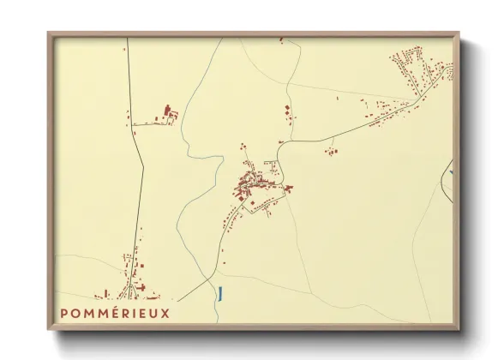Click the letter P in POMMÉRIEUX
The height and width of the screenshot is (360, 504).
tap(64, 314)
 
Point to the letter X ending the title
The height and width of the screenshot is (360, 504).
tap(165, 314)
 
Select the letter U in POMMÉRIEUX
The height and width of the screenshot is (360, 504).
tap(154, 314)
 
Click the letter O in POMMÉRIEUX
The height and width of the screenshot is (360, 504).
tap(75, 314)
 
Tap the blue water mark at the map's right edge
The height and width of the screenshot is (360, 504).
tap(449, 172)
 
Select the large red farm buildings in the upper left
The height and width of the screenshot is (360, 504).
tap(169, 112)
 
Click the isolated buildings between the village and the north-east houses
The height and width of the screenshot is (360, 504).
tap(331, 152)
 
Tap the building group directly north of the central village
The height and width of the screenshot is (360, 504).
tap(286, 115)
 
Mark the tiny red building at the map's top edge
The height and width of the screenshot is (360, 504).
tap(280, 39)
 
